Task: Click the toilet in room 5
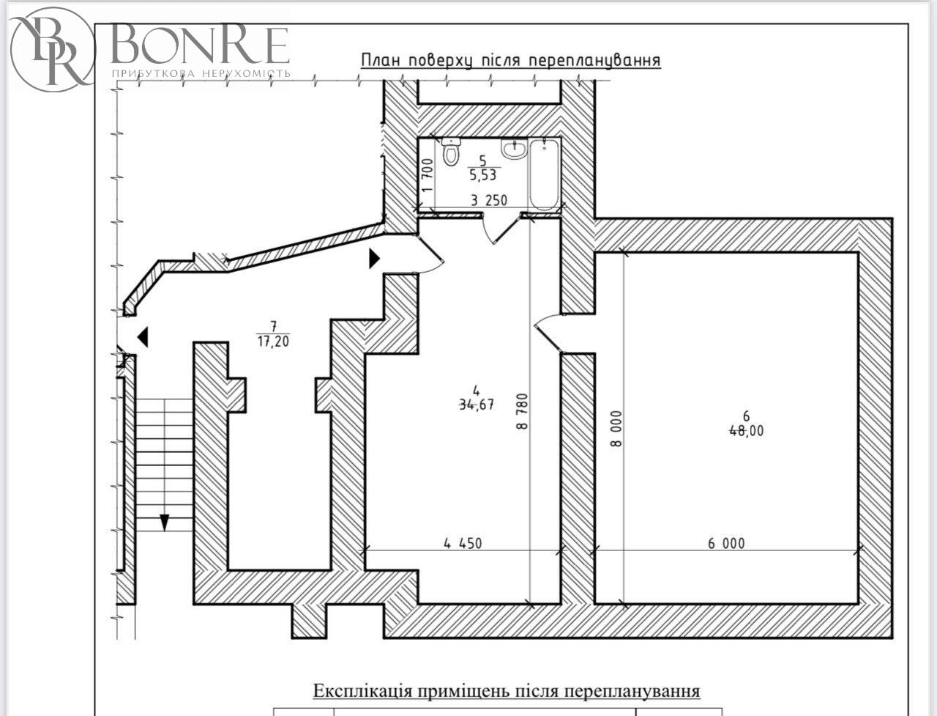[450, 152]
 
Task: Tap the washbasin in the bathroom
[515, 149]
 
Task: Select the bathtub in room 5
[545, 174]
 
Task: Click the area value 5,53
[483, 174]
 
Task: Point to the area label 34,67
[477, 404]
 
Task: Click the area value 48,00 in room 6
[746, 430]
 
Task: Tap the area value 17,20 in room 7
[273, 341]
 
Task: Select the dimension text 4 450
[463, 543]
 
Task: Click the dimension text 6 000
[726, 543]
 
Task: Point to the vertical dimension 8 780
[523, 411]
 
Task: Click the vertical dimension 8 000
[617, 429]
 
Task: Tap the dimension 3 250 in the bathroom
[489, 200]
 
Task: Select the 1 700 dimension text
[428, 175]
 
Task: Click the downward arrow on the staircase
[165, 523]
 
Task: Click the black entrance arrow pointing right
[374, 259]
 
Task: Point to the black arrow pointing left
[143, 337]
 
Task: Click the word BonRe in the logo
[200, 45]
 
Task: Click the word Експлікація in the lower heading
[363, 691]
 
